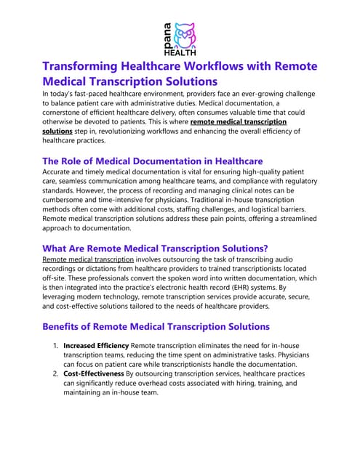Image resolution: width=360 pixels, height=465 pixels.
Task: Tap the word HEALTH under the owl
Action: [x=179, y=51]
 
